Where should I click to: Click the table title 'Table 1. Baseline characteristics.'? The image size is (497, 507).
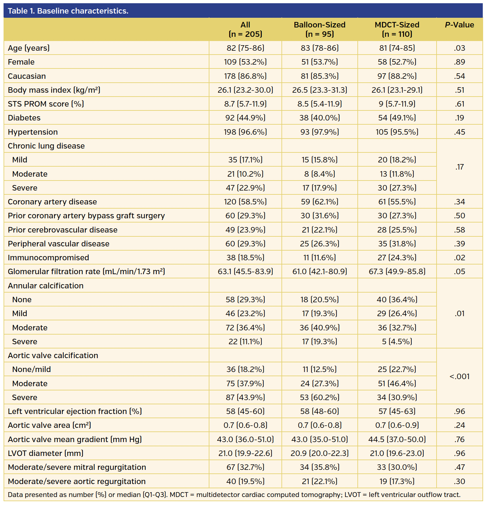[x=68, y=11]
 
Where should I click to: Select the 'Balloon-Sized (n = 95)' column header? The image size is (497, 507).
[x=319, y=29]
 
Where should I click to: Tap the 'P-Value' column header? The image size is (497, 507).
[x=459, y=25]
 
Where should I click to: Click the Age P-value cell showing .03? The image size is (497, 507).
[x=459, y=48]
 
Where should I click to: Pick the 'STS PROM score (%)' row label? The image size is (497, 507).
[x=46, y=104]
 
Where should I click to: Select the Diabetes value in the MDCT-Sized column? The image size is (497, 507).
[x=397, y=118]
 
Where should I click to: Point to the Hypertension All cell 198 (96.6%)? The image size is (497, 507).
[x=245, y=132]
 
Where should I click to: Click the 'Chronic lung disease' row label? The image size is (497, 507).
[x=46, y=146]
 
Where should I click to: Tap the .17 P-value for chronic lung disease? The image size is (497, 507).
[x=459, y=167]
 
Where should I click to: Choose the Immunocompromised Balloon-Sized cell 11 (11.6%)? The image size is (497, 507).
[x=319, y=258]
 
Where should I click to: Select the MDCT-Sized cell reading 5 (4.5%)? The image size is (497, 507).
[x=397, y=342]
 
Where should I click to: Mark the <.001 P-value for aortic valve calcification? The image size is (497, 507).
[x=459, y=377]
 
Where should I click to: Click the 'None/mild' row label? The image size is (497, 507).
[x=31, y=369]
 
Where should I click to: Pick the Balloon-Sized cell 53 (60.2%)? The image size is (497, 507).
[x=319, y=398]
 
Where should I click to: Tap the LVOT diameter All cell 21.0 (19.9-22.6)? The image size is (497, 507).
[x=245, y=453]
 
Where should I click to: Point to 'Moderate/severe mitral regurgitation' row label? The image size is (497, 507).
[x=77, y=467]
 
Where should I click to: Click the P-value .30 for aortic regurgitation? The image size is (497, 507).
[x=459, y=481]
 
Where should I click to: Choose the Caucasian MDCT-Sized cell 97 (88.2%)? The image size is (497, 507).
[x=397, y=76]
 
